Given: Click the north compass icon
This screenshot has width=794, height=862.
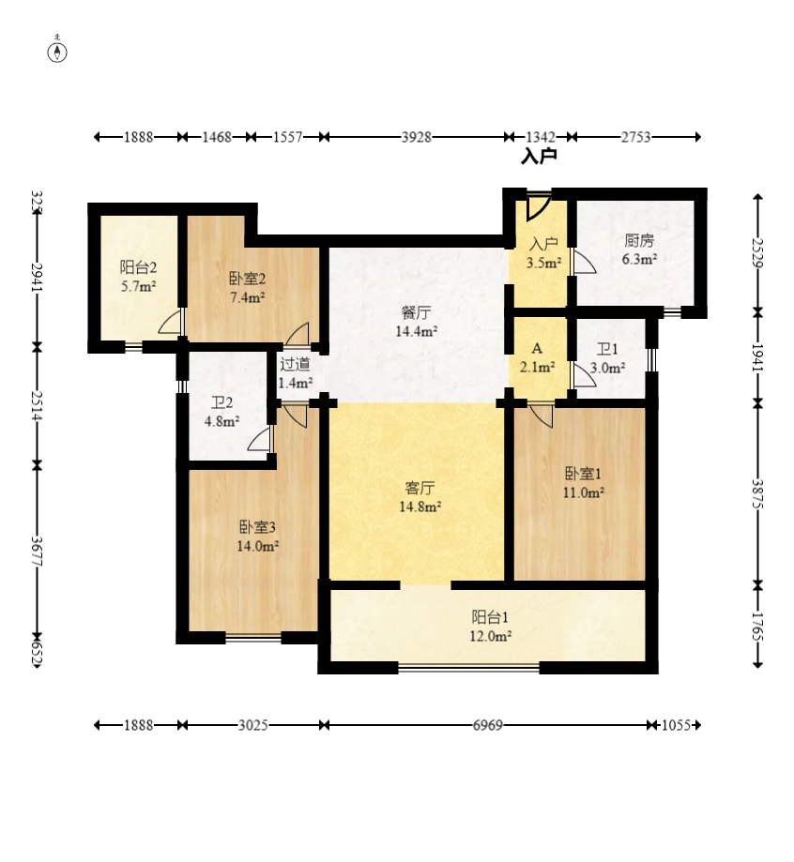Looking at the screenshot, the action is click(57, 50).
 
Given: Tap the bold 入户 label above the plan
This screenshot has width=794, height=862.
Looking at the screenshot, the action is click(539, 157).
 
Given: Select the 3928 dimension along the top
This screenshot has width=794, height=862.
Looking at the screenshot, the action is click(416, 137).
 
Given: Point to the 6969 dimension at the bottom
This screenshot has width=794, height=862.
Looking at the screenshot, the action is click(487, 725).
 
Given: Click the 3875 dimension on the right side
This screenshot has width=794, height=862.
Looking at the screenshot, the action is click(758, 494).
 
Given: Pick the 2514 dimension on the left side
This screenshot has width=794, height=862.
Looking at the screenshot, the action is click(38, 406).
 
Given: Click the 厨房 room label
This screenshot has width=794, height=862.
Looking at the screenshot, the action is click(639, 241).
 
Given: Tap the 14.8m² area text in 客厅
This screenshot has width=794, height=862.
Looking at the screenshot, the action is click(420, 507).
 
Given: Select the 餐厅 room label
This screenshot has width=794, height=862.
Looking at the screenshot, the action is click(416, 312).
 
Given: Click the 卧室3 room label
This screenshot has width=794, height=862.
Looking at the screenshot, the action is click(257, 527).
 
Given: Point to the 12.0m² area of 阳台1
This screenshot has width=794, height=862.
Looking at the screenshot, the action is click(490, 636).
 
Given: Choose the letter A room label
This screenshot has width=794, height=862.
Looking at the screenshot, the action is click(537, 349).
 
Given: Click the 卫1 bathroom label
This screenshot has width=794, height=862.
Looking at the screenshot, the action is click(607, 349).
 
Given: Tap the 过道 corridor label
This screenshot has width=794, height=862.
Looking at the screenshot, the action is click(295, 364).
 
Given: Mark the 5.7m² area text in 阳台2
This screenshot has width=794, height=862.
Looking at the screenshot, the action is click(139, 286).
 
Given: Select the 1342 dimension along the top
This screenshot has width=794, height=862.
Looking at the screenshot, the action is click(541, 137).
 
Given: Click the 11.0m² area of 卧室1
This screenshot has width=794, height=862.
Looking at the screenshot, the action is click(583, 492).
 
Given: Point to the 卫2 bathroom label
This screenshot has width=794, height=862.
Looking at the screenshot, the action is click(221, 403).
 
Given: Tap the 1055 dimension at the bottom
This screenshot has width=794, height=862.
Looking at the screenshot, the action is click(676, 725).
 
